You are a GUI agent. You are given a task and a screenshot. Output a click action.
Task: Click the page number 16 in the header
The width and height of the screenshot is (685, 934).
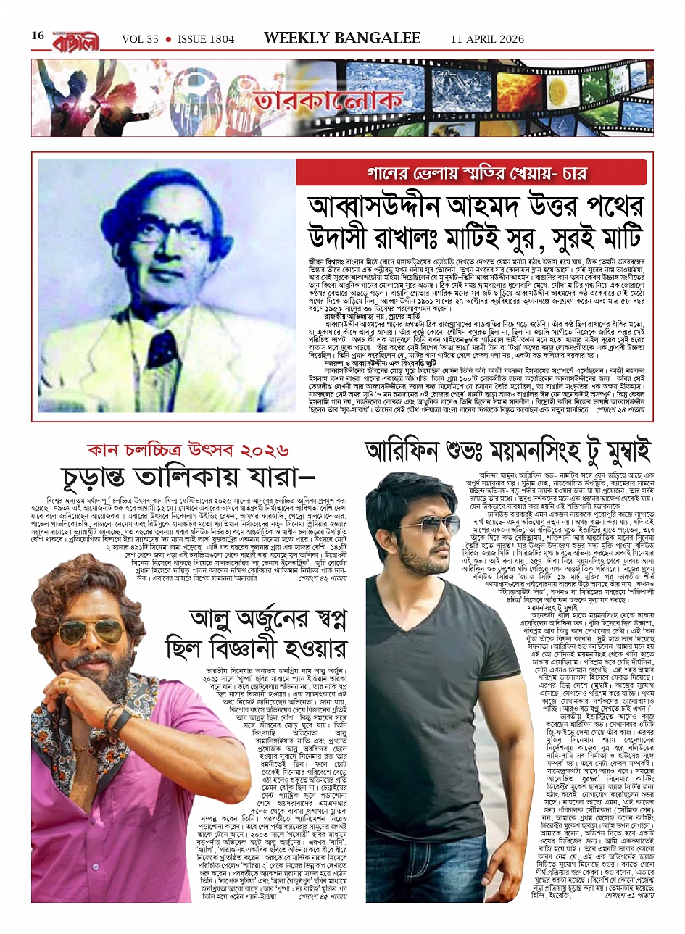(38, 36)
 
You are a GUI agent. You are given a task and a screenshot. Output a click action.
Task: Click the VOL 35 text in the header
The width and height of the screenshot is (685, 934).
(140, 39)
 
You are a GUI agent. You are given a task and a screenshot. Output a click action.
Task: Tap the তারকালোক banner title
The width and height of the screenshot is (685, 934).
(328, 101)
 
